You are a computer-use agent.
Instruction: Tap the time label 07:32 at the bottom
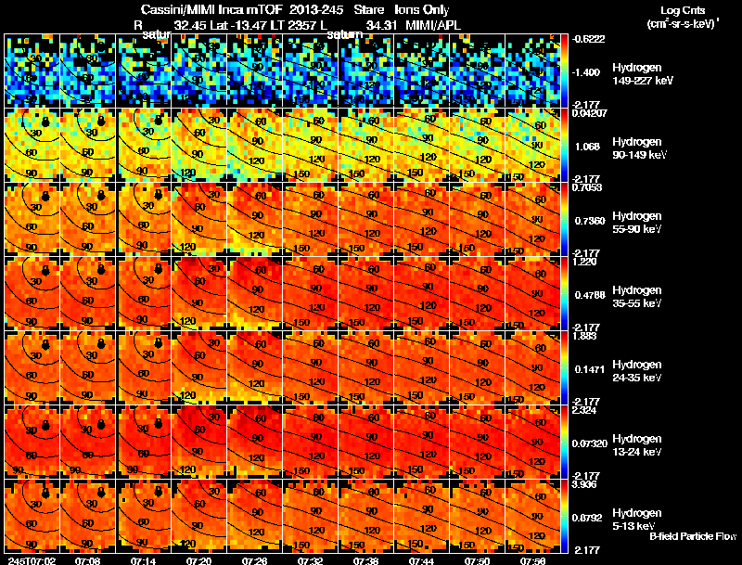pyautogui.click(x=309, y=560)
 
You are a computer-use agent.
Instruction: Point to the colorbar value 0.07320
pyautogui.click(x=590, y=444)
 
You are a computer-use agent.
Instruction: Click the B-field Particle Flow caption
pyautogui.click(x=692, y=536)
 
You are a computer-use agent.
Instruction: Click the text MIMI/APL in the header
pyautogui.click(x=432, y=26)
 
